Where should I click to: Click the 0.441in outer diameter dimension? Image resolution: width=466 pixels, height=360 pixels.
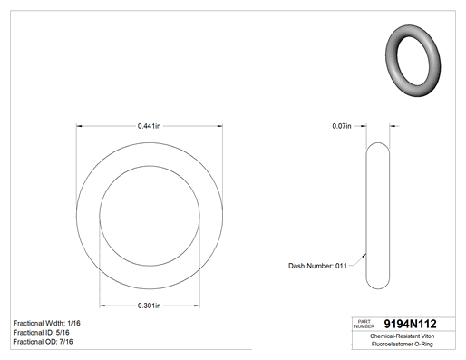click(149, 126)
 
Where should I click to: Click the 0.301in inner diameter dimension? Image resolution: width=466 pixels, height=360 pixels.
click(149, 306)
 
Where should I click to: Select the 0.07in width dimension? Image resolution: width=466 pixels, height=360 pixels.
click(342, 126)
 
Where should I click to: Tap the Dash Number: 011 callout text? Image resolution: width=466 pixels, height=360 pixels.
click(317, 266)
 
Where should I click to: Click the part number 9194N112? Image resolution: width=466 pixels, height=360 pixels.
click(410, 324)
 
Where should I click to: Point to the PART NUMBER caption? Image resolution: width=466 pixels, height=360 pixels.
click(364, 324)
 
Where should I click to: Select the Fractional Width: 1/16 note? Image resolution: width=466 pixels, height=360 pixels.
click(47, 323)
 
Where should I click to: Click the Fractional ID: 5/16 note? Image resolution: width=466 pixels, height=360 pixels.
click(41, 333)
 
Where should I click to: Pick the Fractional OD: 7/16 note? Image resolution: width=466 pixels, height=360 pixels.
click(43, 342)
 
